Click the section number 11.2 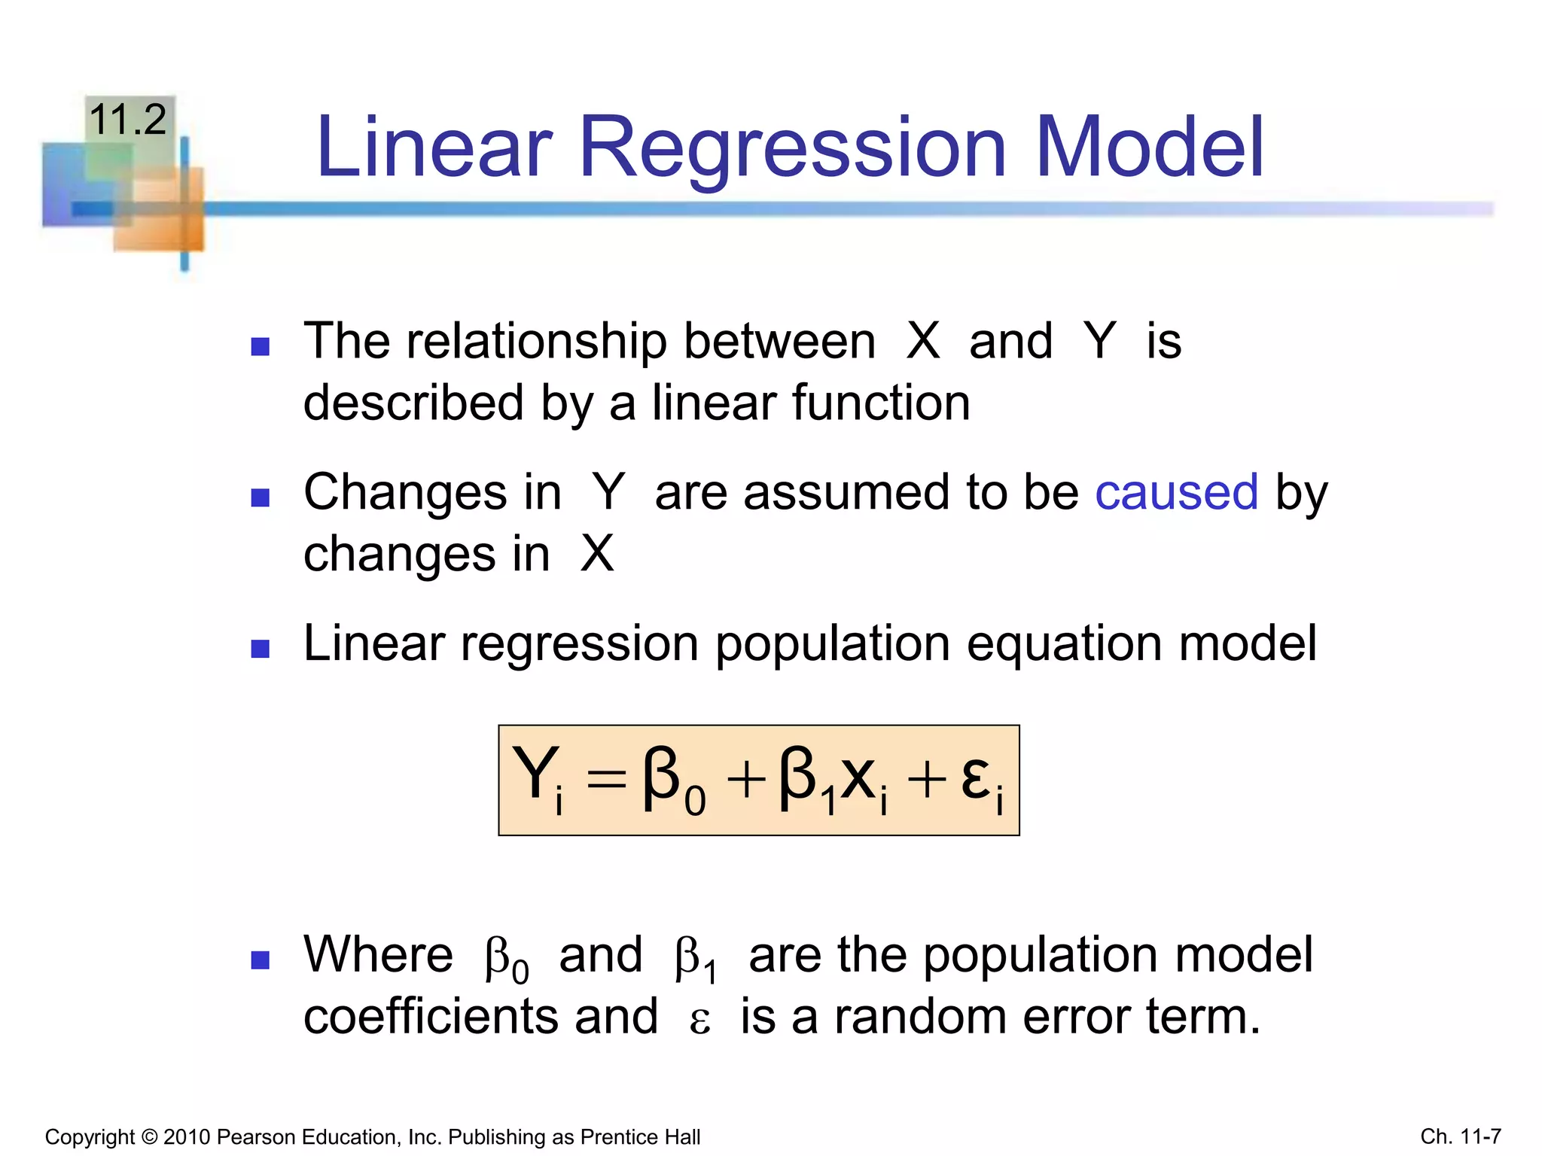click(x=127, y=120)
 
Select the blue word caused click(x=1176, y=493)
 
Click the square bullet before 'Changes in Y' click(x=261, y=497)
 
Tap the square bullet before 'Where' click(x=261, y=960)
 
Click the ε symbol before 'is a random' click(x=699, y=1021)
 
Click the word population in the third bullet click(x=832, y=645)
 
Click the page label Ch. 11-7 click(x=1461, y=1136)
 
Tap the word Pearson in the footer click(x=251, y=1136)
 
